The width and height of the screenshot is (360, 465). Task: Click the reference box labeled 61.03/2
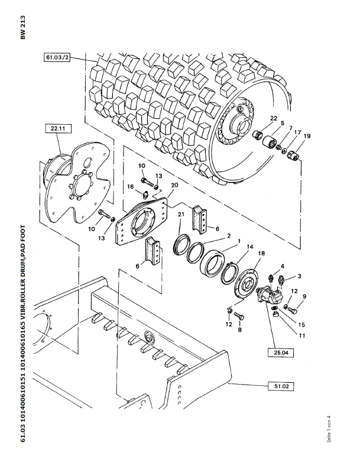[57, 58]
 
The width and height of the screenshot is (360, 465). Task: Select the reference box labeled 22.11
[57, 128]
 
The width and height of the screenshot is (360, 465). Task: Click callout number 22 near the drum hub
[274, 119]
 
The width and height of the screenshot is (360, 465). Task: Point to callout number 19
[307, 136]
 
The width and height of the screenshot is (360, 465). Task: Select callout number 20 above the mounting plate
[174, 185]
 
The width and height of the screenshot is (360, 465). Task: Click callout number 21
[181, 214]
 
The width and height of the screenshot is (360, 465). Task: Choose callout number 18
[261, 253]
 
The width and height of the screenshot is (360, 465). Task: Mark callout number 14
[250, 246]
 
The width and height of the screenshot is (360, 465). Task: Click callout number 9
[304, 297]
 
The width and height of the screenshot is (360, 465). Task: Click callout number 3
[299, 277]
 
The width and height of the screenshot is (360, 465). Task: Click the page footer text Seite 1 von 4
[329, 430]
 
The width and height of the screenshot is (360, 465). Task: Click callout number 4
[283, 266]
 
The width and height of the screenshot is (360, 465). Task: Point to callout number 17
[297, 132]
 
